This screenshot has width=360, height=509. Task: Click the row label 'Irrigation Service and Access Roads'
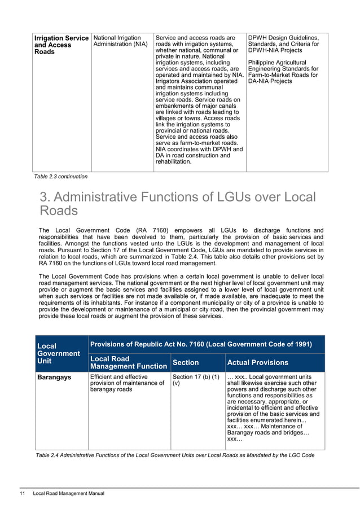pos(61,45)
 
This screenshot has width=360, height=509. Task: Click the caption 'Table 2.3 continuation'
pos(61,177)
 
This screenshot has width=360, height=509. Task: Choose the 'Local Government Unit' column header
pos(58,353)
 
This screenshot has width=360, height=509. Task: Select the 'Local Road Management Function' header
pos(128,363)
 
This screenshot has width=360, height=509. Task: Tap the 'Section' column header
pos(185,363)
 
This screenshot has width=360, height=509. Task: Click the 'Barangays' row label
pos(54,377)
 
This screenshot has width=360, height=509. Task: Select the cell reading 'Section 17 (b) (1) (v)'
pos(195,380)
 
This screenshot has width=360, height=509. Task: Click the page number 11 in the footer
pos(22,494)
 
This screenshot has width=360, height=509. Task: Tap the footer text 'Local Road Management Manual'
pos(69,494)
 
